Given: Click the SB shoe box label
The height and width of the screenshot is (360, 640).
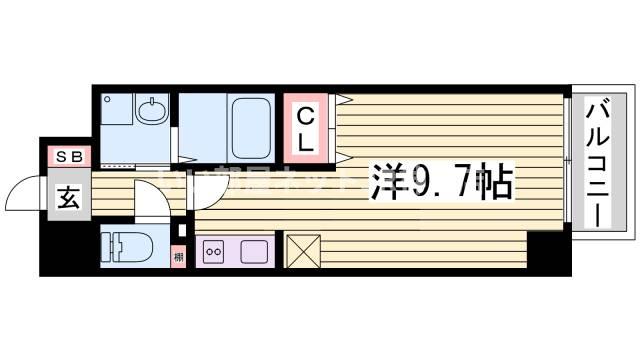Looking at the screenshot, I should [x=69, y=156].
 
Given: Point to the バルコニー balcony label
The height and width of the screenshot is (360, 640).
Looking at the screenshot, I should [x=598, y=162].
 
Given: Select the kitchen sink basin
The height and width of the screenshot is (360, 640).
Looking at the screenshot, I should [x=252, y=250].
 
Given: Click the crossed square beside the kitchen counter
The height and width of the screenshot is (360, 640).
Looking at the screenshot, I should [x=302, y=250].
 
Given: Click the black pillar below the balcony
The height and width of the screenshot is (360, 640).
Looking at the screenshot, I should [x=546, y=251].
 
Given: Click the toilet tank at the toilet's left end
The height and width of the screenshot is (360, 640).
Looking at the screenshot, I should [x=109, y=247].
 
